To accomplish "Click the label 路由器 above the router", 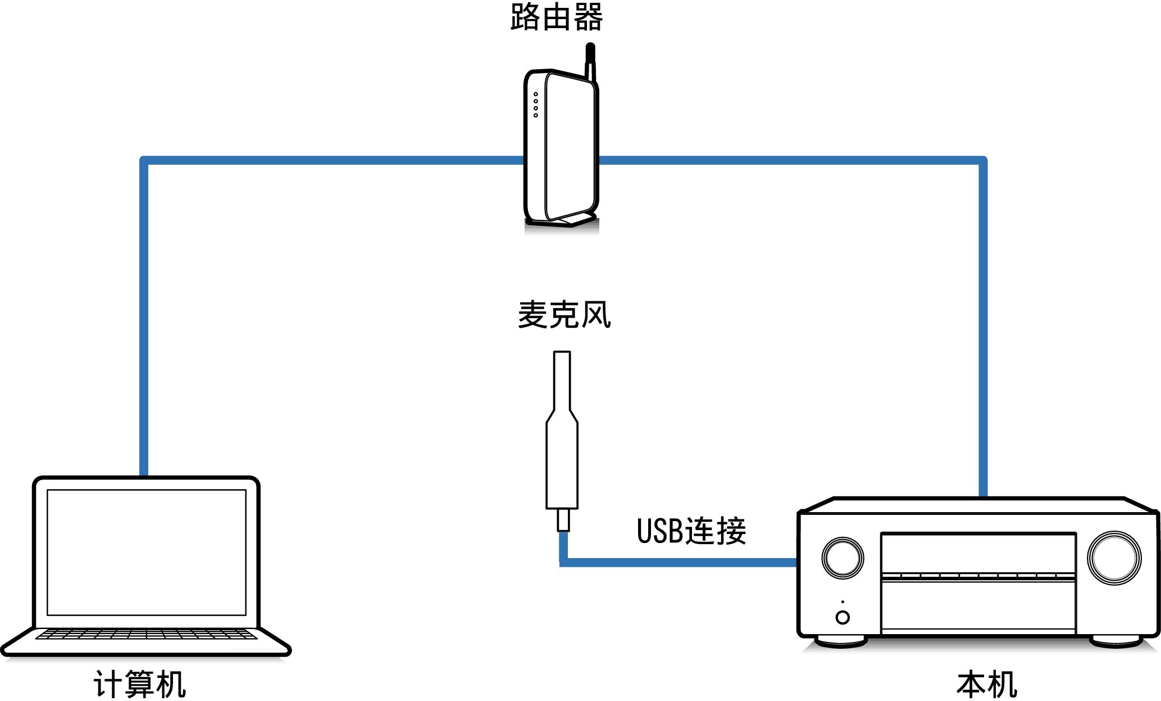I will [557, 17].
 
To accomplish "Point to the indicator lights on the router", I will [536, 105].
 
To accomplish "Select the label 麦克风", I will [564, 314].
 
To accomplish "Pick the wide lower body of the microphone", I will [562, 467].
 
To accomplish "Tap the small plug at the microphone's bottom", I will [563, 520].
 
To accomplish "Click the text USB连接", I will [691, 531].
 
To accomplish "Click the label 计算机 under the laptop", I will [140, 684].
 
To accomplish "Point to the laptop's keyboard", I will [147, 634].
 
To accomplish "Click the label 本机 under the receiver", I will [987, 684].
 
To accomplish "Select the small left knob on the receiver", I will [843, 558].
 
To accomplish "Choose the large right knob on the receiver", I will [1114, 558].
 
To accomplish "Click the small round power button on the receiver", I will [843, 617].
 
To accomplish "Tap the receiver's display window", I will [978, 554].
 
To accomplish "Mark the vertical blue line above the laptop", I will [144, 315].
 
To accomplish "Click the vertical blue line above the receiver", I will [983, 326].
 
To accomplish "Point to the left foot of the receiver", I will [841, 641].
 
